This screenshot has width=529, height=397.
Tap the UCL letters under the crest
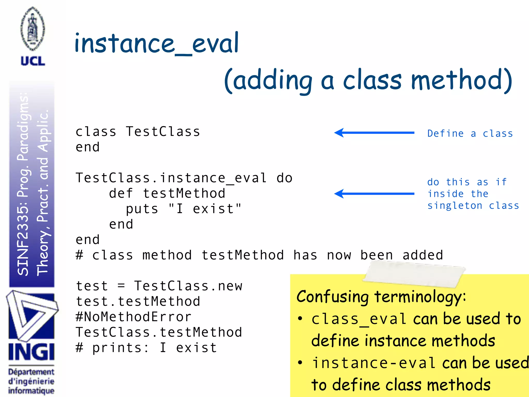(x=33, y=61)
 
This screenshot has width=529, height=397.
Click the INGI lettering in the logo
(x=32, y=352)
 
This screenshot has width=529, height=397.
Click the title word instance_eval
(x=157, y=43)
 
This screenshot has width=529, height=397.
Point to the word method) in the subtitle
(x=461, y=80)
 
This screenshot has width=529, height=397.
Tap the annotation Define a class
(x=470, y=134)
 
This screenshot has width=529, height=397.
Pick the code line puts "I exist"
(x=183, y=209)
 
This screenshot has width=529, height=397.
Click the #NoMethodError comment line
(x=134, y=317)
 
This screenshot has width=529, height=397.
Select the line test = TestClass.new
(x=159, y=286)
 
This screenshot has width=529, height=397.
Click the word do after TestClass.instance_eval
(x=284, y=178)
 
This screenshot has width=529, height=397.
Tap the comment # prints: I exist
(x=146, y=348)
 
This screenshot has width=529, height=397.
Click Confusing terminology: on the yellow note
(x=381, y=296)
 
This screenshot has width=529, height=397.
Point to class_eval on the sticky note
(x=359, y=319)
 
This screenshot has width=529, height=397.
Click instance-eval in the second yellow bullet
(x=374, y=363)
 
